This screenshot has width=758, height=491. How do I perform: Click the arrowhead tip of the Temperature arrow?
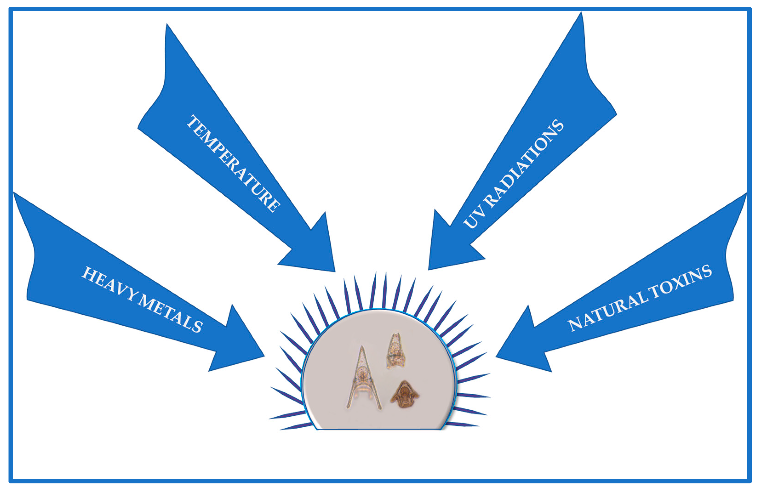pos(335,271)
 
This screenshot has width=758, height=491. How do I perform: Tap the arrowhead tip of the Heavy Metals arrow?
pos(264,356)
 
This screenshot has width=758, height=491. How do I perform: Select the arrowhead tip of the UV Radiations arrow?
pos(429,269)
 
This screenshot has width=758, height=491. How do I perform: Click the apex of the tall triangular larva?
pos(362,347)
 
